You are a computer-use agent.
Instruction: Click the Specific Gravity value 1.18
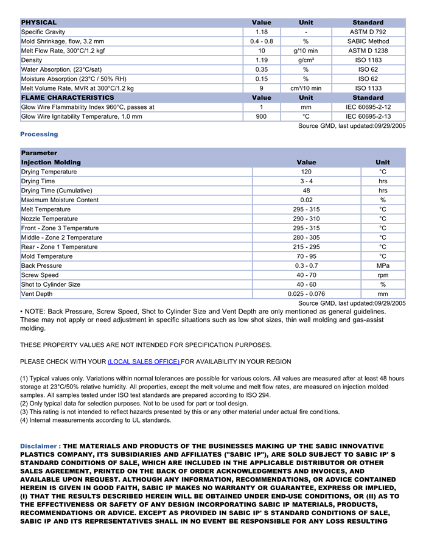(x=262, y=32)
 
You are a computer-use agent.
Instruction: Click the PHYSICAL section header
(x=39, y=23)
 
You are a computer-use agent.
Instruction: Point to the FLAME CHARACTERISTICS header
(x=68, y=97)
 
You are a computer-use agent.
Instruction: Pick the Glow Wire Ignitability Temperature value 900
(x=262, y=116)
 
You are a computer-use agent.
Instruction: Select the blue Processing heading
(x=39, y=134)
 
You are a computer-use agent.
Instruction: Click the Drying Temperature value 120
(x=306, y=172)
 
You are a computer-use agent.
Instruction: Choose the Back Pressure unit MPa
(x=383, y=265)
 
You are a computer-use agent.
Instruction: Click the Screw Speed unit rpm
(x=383, y=275)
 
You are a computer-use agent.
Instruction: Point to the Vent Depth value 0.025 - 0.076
(x=306, y=294)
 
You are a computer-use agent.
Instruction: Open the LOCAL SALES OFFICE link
(x=144, y=362)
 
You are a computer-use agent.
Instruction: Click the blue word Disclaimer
(x=38, y=446)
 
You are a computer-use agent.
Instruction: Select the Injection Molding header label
(x=51, y=163)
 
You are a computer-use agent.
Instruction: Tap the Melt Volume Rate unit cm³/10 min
(x=306, y=88)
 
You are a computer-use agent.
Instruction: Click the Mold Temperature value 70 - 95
(x=306, y=256)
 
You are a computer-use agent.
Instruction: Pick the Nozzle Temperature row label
(x=49, y=219)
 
